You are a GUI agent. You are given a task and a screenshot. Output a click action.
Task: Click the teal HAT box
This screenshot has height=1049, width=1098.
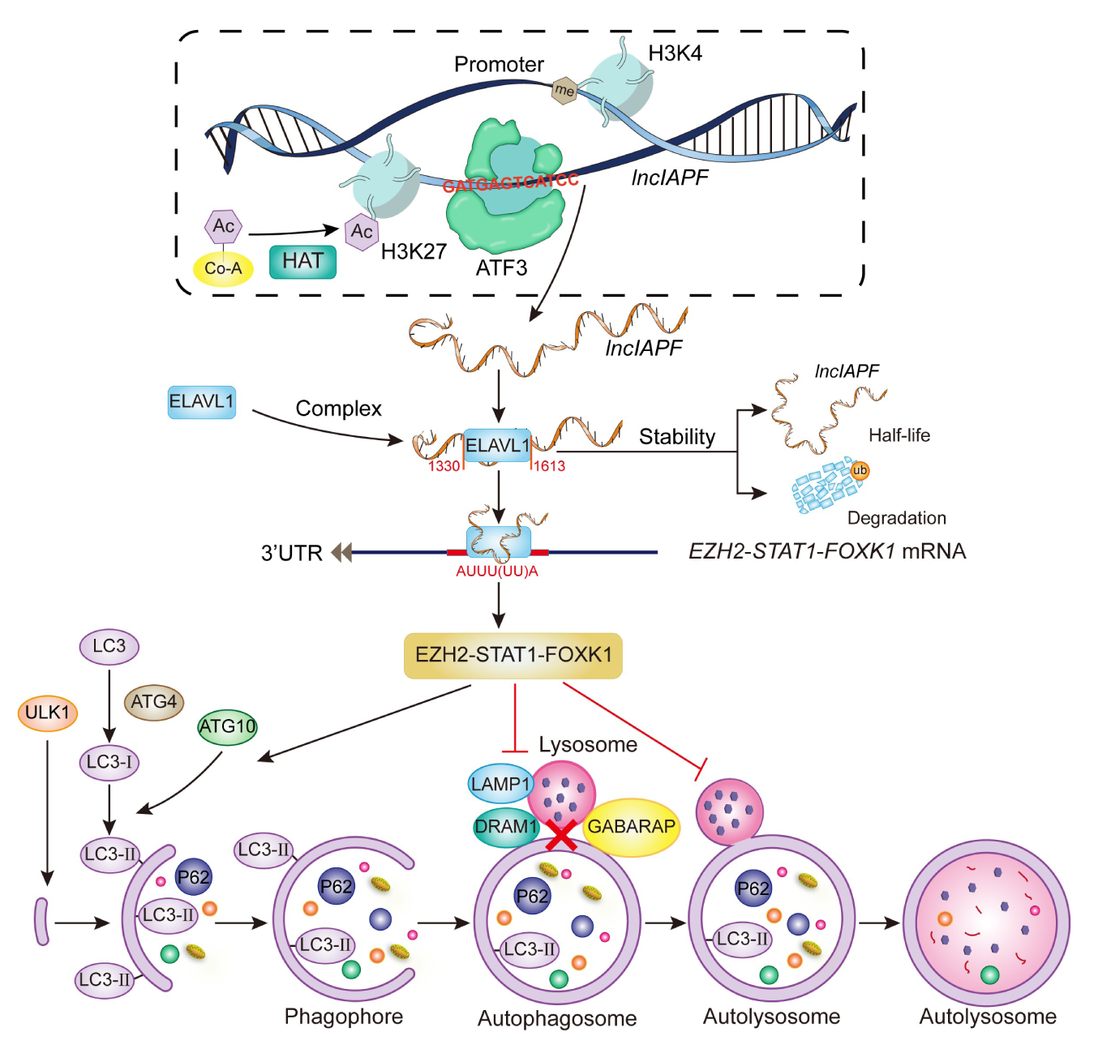[x=302, y=261]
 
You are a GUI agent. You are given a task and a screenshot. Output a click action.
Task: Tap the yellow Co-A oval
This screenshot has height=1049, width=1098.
[x=223, y=268]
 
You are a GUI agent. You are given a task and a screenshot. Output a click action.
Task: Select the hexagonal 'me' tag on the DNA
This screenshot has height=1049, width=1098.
[x=564, y=90]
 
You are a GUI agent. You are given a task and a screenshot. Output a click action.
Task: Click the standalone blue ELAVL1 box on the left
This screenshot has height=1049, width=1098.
[x=201, y=401]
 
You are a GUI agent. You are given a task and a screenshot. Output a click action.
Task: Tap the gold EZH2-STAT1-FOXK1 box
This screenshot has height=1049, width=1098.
[x=513, y=655]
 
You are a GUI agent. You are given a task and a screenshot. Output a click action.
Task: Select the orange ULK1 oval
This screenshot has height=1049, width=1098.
[x=47, y=713]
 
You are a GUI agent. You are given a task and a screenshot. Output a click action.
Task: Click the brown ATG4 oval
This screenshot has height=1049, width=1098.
[x=153, y=702]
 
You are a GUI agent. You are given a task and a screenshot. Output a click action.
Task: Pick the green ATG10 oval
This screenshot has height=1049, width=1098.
[x=228, y=726]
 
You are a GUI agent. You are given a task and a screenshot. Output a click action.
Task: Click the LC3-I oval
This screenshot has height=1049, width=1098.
[x=109, y=762]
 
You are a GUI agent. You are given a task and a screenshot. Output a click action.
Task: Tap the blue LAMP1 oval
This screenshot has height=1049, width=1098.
[x=500, y=784]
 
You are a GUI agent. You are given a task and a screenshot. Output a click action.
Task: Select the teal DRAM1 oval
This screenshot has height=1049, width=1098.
[x=506, y=827]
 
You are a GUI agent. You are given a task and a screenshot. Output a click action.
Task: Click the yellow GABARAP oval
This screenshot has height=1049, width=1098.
[x=631, y=827]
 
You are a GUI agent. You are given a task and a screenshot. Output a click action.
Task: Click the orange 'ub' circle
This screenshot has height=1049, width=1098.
[x=860, y=470]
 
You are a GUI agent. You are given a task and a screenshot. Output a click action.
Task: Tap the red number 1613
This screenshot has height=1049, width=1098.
[x=549, y=466]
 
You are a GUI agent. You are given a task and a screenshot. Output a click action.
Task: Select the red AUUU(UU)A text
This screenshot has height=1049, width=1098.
[x=497, y=571]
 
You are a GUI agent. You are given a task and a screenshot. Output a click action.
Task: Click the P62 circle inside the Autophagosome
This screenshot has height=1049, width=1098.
[x=533, y=896]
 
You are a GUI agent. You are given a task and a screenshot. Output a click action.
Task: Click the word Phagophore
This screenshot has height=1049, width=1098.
[x=344, y=1017]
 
